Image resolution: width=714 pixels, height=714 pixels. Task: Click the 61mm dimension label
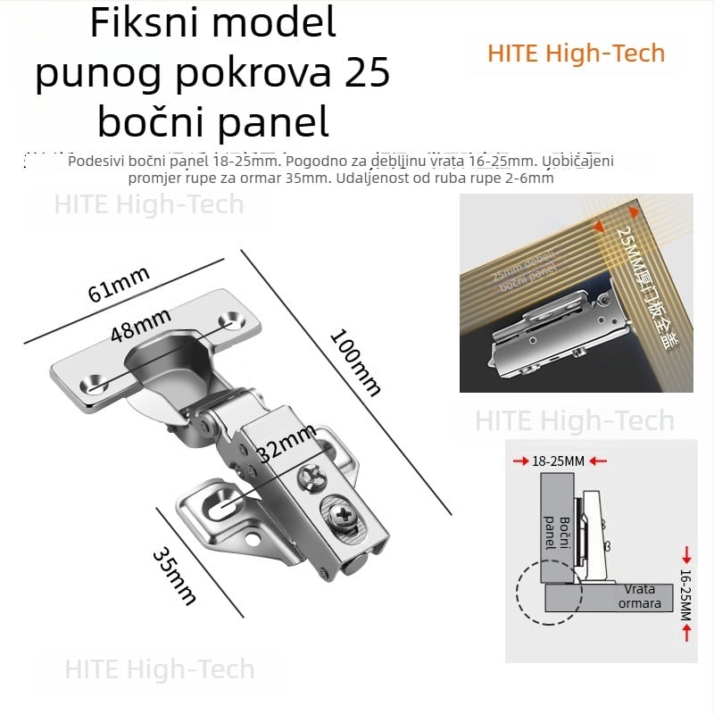(118, 284)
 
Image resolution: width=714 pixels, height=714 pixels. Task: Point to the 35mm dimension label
(174, 577)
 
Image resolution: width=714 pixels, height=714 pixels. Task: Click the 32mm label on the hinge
(286, 444)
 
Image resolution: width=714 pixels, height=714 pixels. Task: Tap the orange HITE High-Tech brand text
(576, 53)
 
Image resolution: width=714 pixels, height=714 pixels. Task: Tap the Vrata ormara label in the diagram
(641, 597)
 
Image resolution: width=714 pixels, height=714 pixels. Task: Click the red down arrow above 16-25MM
(685, 552)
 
